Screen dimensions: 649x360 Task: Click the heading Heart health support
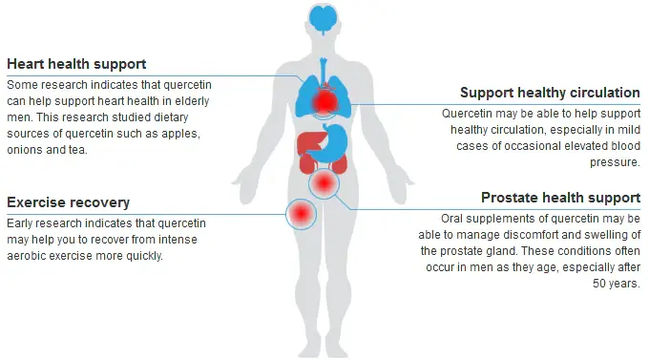pyautogui.click(x=76, y=64)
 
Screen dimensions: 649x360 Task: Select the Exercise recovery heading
pyautogui.click(x=68, y=202)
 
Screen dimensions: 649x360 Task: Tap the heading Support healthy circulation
pyautogui.click(x=550, y=93)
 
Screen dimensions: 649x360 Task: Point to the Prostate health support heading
pyautogui.click(x=560, y=198)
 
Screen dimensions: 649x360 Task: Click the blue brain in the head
pyautogui.click(x=325, y=21)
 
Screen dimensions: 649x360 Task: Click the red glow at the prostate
pyautogui.click(x=324, y=181)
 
